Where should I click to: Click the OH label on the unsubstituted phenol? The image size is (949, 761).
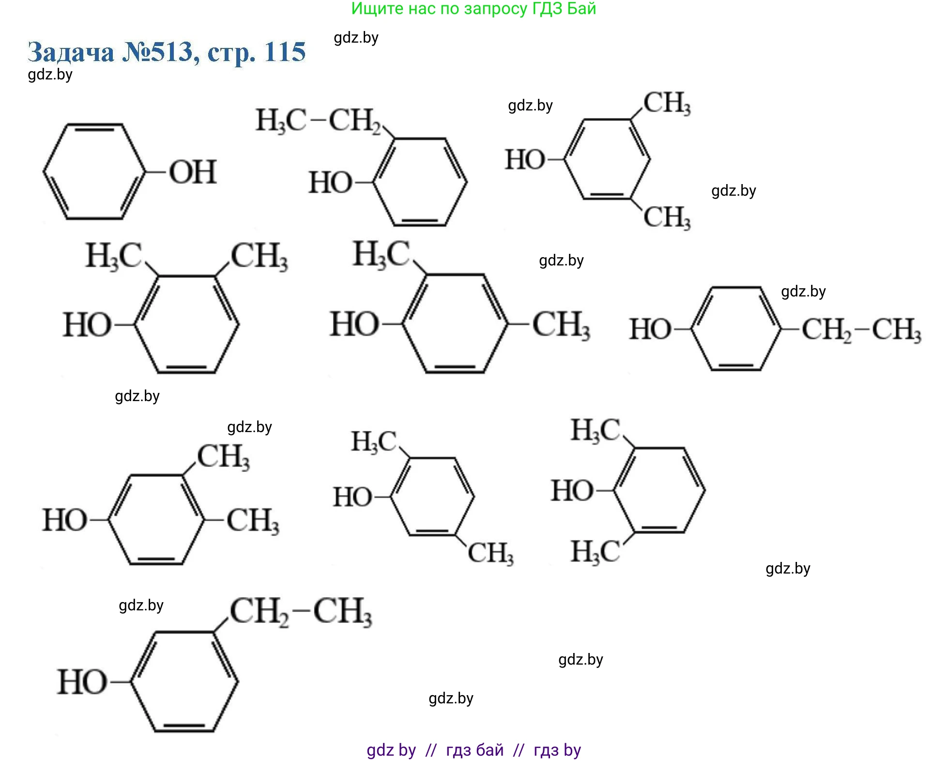tap(193, 172)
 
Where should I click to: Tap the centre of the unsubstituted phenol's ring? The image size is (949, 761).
tap(94, 171)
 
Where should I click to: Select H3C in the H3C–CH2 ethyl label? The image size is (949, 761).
tap(281, 120)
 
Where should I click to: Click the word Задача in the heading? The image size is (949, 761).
tap(71, 52)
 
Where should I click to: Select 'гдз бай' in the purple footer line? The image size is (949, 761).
tap(474, 750)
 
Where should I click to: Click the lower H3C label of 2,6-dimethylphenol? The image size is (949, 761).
tap(595, 551)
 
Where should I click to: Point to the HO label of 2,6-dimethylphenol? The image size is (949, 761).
tap(572, 490)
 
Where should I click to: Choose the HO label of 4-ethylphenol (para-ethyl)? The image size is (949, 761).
tap(650, 329)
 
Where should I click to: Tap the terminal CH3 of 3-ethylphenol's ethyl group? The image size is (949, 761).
tap(342, 611)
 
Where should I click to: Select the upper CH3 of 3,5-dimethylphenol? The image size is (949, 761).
tap(667, 103)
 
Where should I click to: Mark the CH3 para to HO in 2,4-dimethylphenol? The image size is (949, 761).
tap(561, 325)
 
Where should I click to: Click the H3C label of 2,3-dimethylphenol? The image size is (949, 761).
tap(114, 256)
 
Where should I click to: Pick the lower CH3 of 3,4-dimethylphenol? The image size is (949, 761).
tap(253, 521)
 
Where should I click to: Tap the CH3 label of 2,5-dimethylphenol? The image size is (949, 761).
tap(490, 553)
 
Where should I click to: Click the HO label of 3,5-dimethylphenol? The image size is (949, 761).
tap(525, 159)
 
